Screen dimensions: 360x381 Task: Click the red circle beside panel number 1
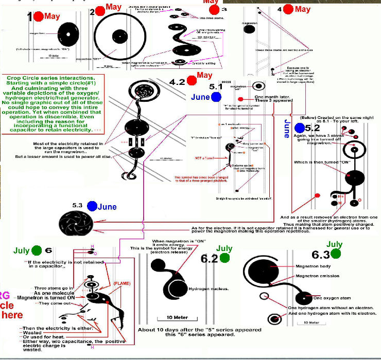pyautogui.click(x=38, y=15)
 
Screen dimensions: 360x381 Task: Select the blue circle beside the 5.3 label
pyautogui.click(x=92, y=206)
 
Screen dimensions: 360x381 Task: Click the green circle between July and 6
pyautogui.click(x=36, y=250)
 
